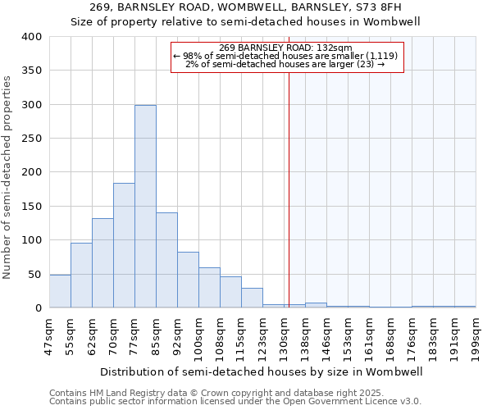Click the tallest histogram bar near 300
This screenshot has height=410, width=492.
click(145, 207)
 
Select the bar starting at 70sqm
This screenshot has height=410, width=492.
click(124, 245)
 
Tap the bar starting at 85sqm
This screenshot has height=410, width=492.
click(166, 260)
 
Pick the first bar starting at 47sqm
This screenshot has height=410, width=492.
click(60, 291)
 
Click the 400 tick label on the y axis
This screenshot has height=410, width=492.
click(31, 37)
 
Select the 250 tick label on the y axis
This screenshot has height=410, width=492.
click(31, 139)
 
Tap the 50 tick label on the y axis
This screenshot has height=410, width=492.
click(34, 274)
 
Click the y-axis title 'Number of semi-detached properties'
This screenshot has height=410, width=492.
click(7, 176)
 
